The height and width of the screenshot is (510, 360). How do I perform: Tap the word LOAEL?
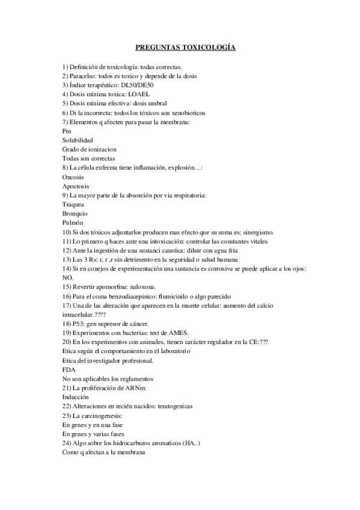pos(139,94)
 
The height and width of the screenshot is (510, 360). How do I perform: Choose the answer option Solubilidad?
pos(78,140)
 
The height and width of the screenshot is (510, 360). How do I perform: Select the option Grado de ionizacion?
pos(89,149)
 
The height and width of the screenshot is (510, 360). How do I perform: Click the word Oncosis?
pos(73,177)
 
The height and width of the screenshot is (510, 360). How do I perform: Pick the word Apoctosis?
pos(76,186)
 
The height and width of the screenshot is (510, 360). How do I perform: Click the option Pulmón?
pos(73,223)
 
